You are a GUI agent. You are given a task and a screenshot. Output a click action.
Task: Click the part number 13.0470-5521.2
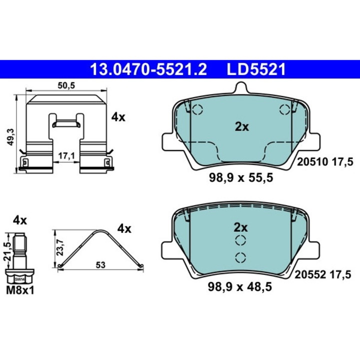[x=147, y=69]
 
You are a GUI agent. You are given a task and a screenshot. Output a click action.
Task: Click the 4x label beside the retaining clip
[x=118, y=117]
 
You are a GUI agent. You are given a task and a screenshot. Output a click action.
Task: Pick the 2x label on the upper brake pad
[x=242, y=127]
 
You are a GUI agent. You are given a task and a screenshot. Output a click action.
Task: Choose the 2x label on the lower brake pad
[x=241, y=228]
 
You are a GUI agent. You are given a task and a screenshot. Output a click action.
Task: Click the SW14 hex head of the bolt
[x=20, y=278]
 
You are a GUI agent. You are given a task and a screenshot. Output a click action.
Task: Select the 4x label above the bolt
[x=20, y=219]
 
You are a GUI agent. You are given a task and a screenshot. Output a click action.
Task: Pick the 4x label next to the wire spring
[x=124, y=229]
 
